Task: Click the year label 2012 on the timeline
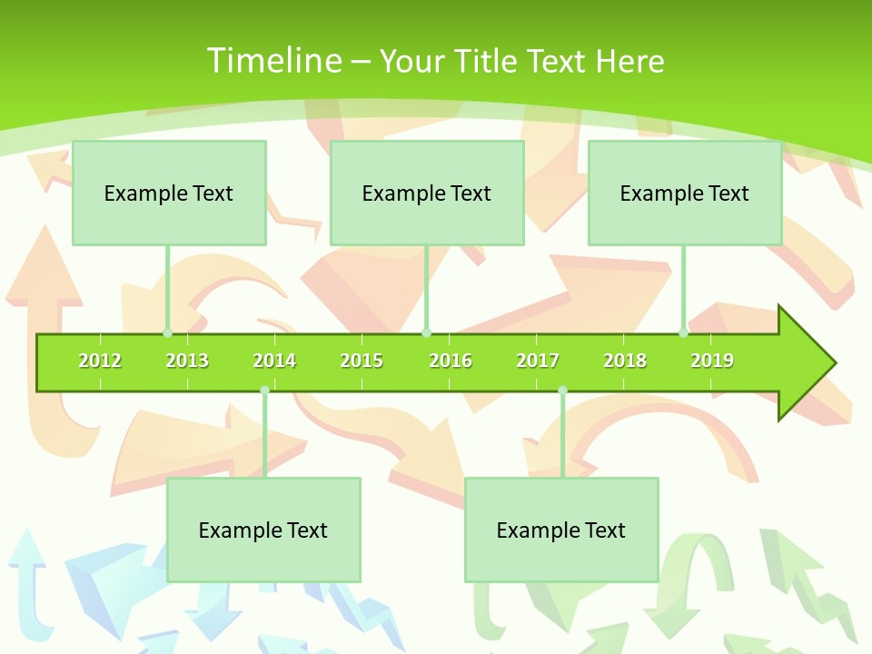(x=100, y=361)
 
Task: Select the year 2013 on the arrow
(x=187, y=361)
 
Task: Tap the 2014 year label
(x=274, y=361)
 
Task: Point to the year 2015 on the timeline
(x=362, y=361)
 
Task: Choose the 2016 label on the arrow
(x=451, y=361)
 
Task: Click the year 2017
(x=538, y=361)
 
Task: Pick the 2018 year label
(x=625, y=361)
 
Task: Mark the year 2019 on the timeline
(x=712, y=361)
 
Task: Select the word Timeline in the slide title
(x=273, y=61)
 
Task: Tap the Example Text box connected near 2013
(x=169, y=193)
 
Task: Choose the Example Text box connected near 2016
(x=427, y=193)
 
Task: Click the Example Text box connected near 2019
(x=685, y=193)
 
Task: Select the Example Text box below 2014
(x=263, y=530)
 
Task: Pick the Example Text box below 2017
(x=561, y=530)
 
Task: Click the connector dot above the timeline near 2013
(x=167, y=332)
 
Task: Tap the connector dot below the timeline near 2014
(x=264, y=390)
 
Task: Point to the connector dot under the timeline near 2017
(x=562, y=390)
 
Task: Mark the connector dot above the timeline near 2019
(x=684, y=332)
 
